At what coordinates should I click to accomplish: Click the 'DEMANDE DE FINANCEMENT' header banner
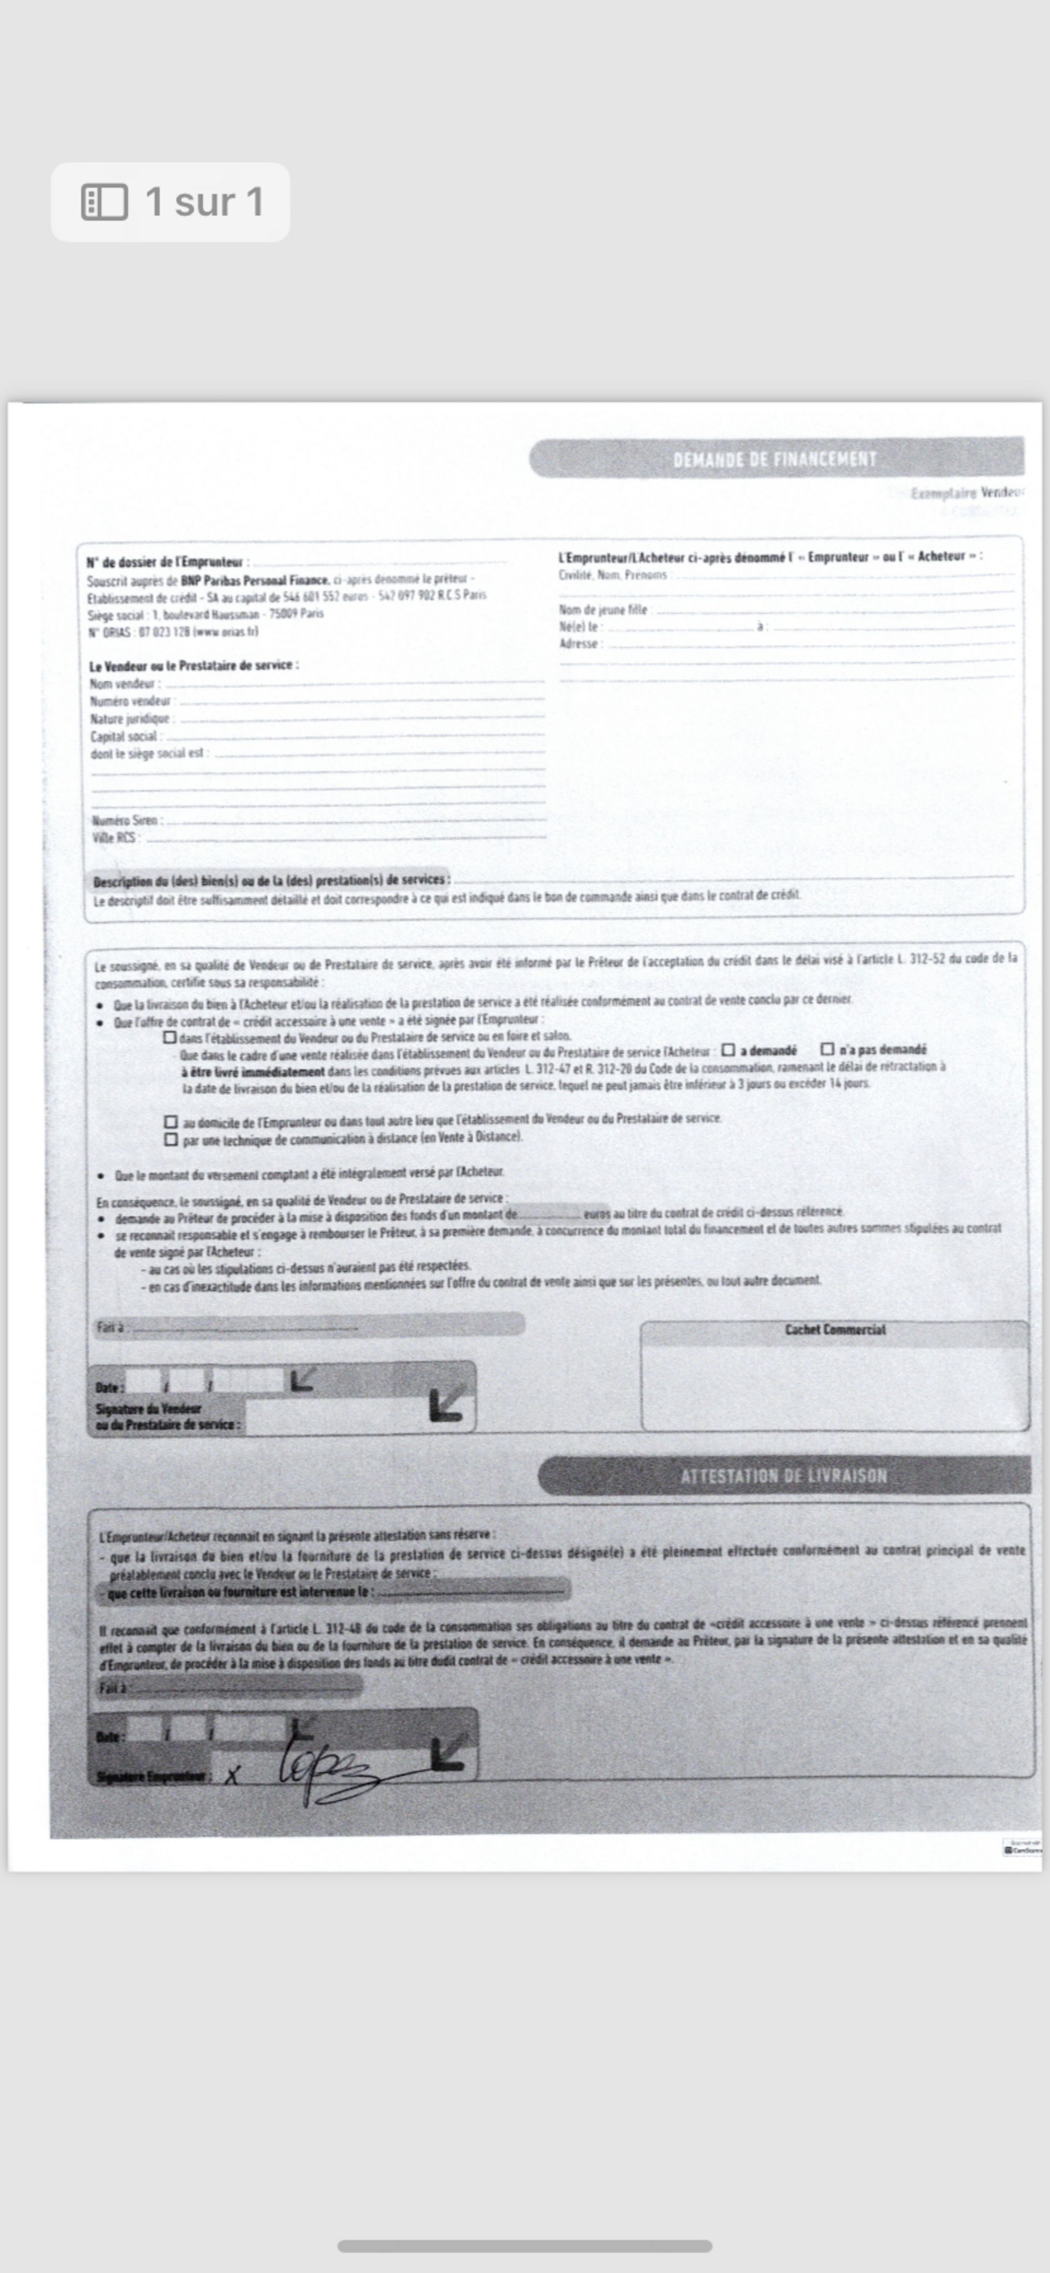(775, 459)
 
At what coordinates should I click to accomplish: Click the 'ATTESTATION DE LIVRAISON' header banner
(783, 1476)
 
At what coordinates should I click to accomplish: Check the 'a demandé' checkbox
(728, 1050)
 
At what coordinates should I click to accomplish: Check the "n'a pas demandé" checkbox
(827, 1049)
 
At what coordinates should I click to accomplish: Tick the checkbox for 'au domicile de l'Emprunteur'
(171, 1122)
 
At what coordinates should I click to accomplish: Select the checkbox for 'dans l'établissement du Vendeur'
(170, 1037)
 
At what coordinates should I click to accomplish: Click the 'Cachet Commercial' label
(835, 1330)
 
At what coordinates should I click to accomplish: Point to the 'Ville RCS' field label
(114, 837)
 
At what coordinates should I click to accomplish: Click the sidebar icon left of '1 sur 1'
(104, 202)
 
